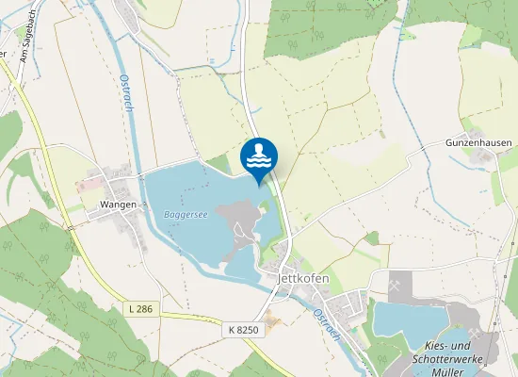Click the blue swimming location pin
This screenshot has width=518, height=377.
[259, 156]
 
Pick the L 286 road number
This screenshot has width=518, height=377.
[138, 308]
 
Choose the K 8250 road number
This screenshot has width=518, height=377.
[243, 330]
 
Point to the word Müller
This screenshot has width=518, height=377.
[447, 372]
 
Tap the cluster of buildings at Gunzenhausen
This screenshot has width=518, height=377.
[481, 156]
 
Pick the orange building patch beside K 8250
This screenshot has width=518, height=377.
[273, 323]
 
